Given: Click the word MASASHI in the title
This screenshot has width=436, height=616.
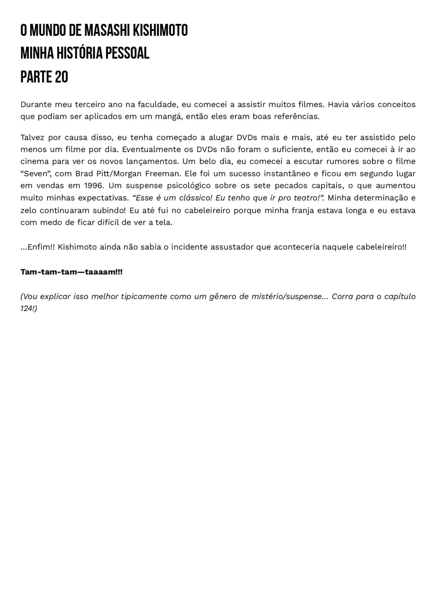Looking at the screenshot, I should tap(107, 30).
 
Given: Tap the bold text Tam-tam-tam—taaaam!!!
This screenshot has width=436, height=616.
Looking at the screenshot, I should tap(72, 272).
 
